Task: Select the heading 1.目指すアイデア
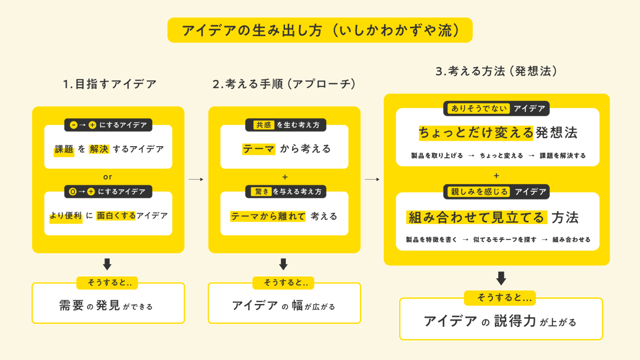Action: tap(109, 84)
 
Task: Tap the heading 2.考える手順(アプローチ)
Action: tap(284, 84)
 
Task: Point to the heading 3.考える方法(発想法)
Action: tap(496, 71)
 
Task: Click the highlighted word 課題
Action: tap(64, 149)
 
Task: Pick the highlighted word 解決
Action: tap(99, 149)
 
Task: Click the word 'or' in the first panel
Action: tap(108, 177)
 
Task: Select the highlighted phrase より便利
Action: tap(66, 216)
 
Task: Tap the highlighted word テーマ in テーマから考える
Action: tap(259, 149)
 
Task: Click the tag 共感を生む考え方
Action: tap(285, 125)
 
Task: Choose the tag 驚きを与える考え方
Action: tap(285, 191)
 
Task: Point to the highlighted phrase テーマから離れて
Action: tap(268, 216)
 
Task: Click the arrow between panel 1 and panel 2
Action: tap(196, 180)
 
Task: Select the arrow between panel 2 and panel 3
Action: tap(372, 180)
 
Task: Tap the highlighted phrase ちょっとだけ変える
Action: tap(476, 132)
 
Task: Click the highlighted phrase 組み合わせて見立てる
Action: tap(477, 218)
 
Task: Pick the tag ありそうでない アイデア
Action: tap(497, 109)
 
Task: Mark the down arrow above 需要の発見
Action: tap(107, 264)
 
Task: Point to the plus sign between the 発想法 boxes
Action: tap(497, 175)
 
